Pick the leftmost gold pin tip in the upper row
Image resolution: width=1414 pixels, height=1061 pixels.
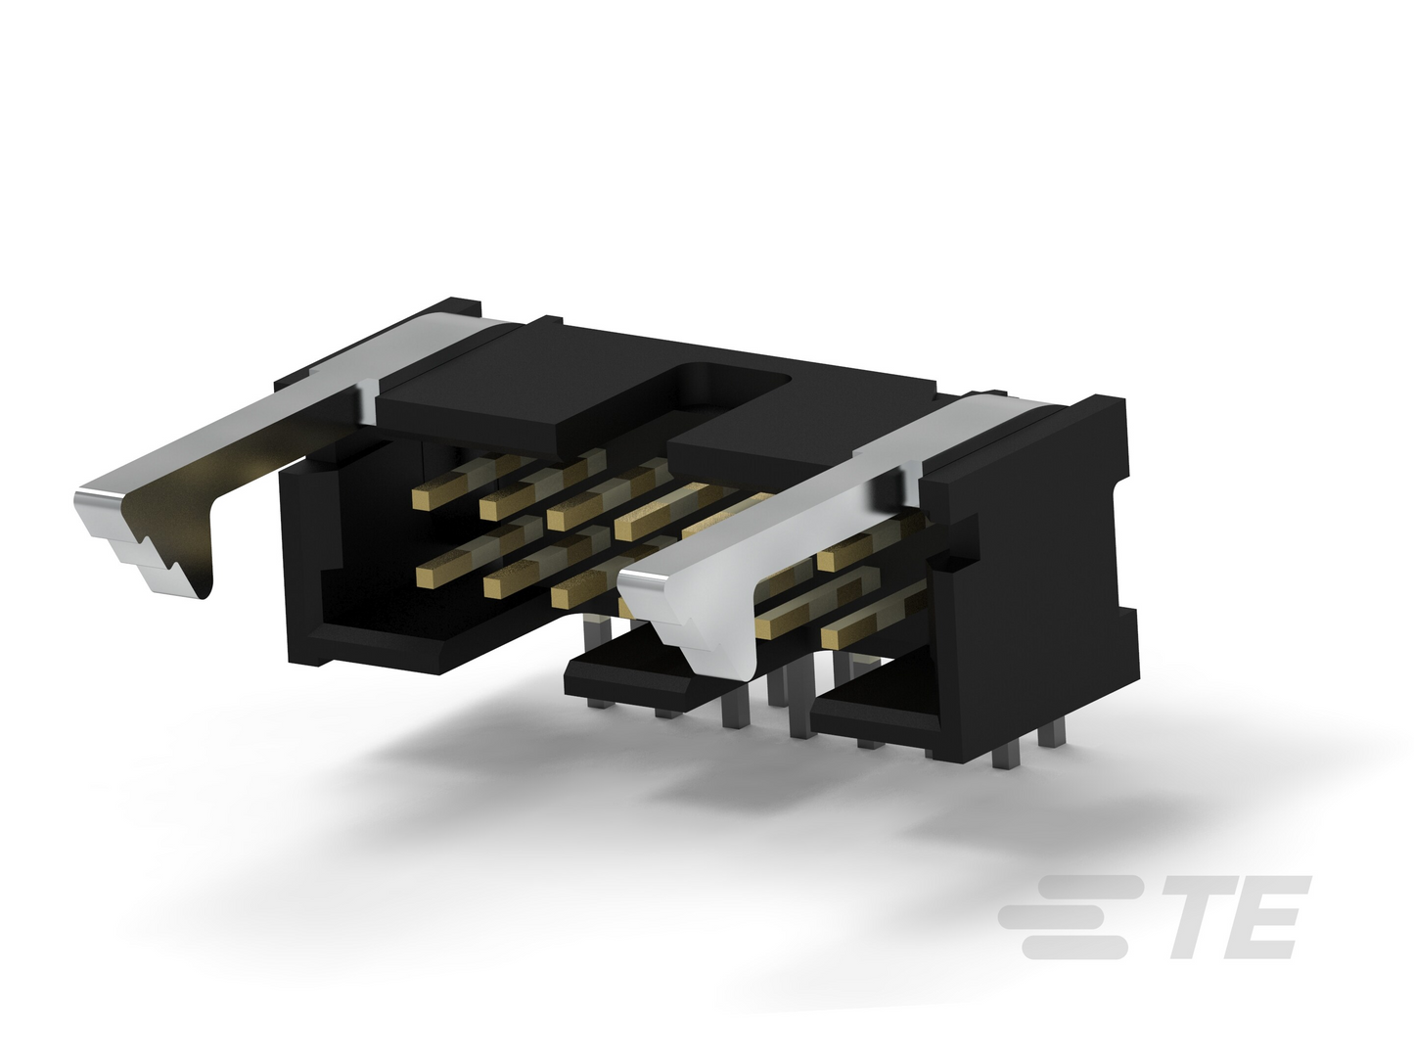423,500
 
